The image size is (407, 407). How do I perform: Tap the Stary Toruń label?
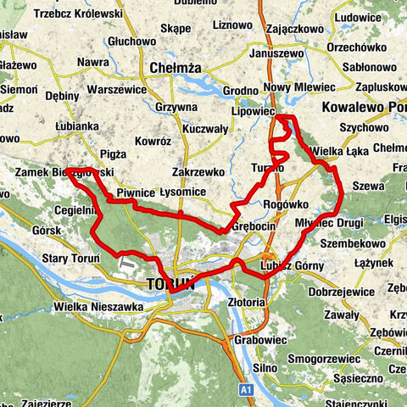point(71,257)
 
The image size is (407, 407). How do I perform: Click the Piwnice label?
point(135,192)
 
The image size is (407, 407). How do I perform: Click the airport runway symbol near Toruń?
point(128,265)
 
